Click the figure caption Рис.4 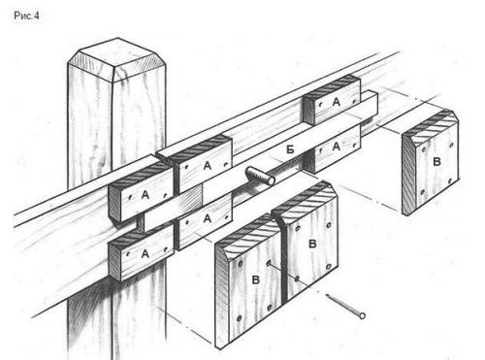click(26, 16)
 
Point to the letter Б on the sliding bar click(290, 149)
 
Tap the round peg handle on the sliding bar click(260, 176)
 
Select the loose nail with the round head click(345, 305)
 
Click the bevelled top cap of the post click(116, 59)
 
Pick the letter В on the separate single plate click(436, 161)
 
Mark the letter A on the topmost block click(337, 102)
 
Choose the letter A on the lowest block click(145, 254)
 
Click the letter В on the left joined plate click(255, 279)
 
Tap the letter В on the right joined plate click(312, 244)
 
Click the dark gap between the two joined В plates click(284, 259)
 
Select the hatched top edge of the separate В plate click(430, 127)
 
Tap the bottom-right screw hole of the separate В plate click(450, 182)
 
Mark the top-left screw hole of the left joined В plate click(240, 264)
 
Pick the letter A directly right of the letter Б click(337, 147)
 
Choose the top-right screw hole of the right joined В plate click(329, 225)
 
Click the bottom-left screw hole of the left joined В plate click(240, 318)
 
